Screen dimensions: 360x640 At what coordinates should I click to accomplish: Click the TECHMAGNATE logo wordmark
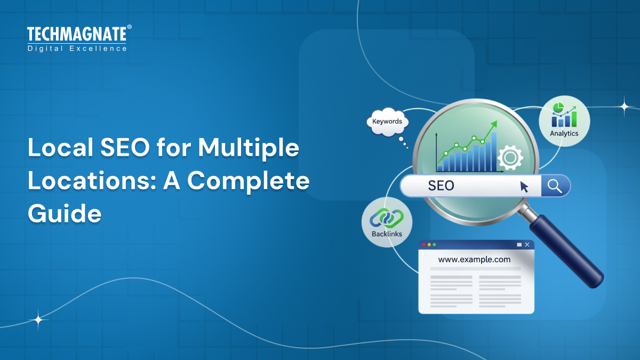[77, 35]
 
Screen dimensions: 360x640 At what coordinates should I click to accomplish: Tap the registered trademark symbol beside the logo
[129, 27]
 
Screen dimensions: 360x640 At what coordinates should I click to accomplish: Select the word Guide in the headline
[65, 213]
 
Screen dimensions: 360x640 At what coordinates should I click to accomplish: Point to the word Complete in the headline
[248, 181]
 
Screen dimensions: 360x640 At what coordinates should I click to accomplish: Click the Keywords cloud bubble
[387, 122]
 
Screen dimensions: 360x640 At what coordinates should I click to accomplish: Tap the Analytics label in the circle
[564, 133]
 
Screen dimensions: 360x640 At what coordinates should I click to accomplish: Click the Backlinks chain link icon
[387, 218]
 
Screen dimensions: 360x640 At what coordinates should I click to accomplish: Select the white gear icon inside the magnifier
[510, 157]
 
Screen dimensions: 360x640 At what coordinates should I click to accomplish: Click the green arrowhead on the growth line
[493, 124]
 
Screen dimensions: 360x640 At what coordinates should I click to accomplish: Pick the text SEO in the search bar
[441, 186]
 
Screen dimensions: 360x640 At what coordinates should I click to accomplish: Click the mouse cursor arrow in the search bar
[524, 187]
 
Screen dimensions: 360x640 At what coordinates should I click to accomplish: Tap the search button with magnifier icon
[555, 186]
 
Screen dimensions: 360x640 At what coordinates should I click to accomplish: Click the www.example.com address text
[474, 260]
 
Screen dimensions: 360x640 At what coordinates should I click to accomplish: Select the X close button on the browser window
[527, 244]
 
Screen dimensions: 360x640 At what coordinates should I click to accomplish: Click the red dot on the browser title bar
[424, 244]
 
